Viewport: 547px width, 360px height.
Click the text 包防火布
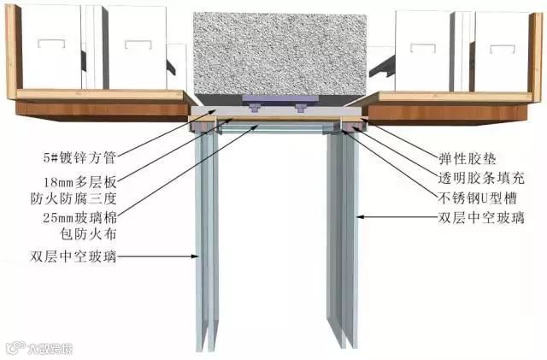[82, 235]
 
